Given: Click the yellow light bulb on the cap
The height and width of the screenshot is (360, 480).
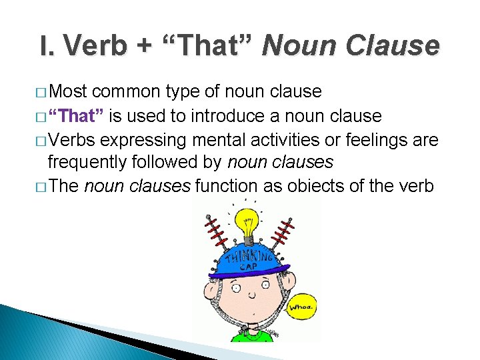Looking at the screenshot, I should (248, 225).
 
